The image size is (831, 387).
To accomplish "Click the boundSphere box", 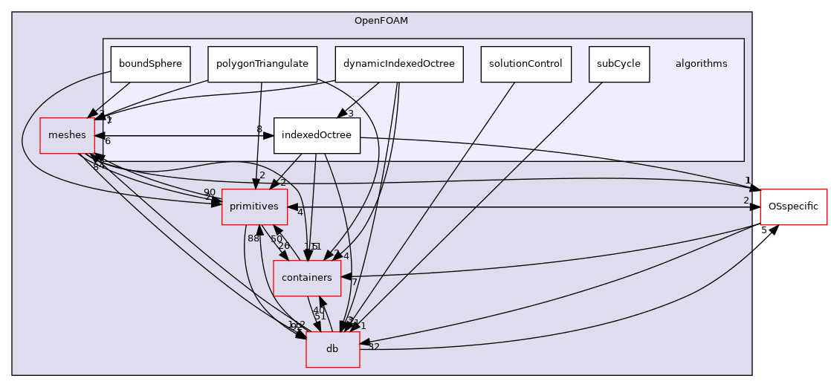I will coord(150,64).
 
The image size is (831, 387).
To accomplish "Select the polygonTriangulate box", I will coord(262,64).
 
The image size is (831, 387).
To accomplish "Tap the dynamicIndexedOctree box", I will coord(399,64).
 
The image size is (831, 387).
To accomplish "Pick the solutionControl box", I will coord(526,64).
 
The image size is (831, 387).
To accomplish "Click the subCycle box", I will coord(618,64).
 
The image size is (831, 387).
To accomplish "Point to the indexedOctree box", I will coord(317,136).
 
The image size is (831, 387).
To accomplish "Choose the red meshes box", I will coord(67,135).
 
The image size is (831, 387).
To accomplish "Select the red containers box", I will coord(307,277).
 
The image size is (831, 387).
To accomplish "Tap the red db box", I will coord(332,349).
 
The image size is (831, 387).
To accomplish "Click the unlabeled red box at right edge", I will coord(793,206).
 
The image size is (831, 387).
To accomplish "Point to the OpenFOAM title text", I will coord(381,20).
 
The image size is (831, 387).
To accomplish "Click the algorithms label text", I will coord(701,64).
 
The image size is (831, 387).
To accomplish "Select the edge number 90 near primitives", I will coord(210,193).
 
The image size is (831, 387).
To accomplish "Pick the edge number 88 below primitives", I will coord(253,238).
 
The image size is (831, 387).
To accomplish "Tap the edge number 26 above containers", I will coord(284,246).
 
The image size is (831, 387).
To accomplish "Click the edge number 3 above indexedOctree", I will coord(350,114).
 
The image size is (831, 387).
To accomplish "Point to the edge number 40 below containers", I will coord(318,310).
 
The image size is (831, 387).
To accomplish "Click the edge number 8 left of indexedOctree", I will coord(259,129).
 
